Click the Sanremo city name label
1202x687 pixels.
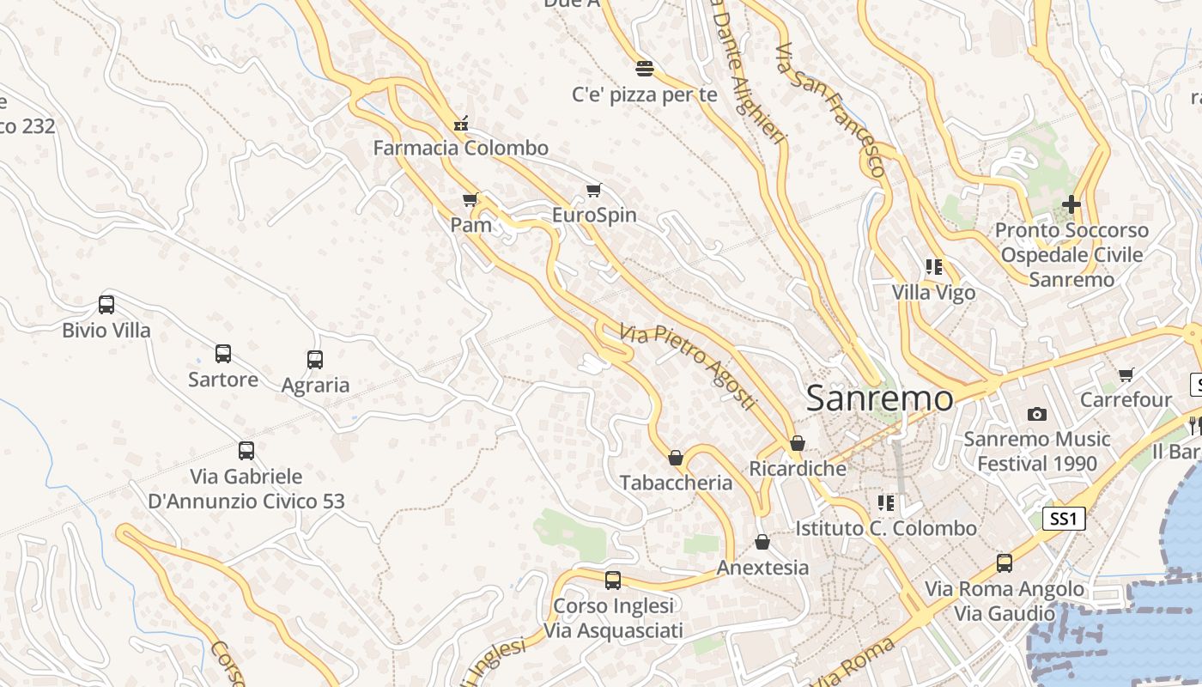click(879, 398)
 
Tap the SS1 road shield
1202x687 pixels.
click(1064, 519)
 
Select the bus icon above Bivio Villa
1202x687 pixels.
click(106, 305)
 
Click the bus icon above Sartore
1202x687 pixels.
click(223, 354)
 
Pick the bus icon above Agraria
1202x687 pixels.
click(315, 360)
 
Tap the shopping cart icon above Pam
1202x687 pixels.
click(470, 200)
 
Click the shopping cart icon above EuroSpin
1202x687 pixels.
click(593, 190)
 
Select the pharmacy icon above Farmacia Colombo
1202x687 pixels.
click(461, 124)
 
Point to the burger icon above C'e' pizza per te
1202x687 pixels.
click(645, 69)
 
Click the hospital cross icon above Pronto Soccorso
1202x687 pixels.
click(1071, 204)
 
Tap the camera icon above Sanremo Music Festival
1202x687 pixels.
click(1037, 414)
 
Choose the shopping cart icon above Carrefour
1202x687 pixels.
click(1126, 374)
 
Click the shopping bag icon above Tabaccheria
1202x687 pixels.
click(676, 458)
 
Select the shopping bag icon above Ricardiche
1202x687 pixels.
click(798, 443)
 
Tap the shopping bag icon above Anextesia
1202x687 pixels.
click(762, 542)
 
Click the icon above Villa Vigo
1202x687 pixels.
click(934, 267)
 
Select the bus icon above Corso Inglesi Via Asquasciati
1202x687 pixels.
click(613, 581)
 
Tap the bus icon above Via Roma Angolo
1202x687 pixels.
click(1005, 563)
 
